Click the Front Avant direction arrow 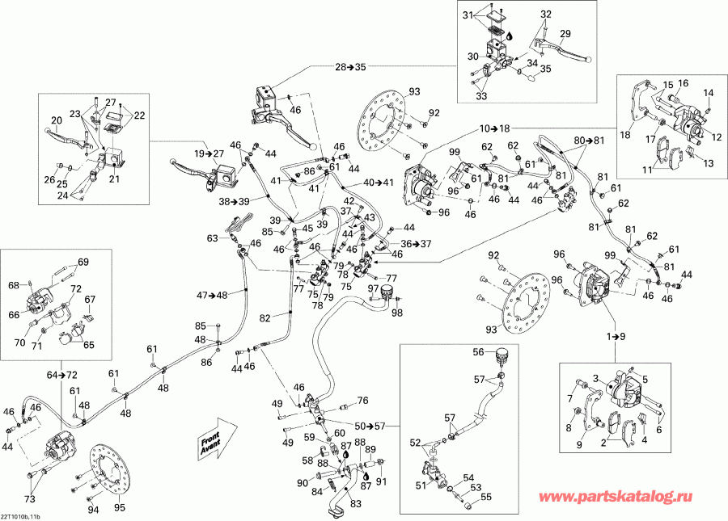pyautogui.click(x=218, y=437)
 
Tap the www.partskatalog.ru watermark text pyautogui.click(x=621, y=500)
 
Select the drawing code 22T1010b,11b pyautogui.click(x=28, y=514)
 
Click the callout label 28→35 pyautogui.click(x=349, y=66)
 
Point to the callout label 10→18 pyautogui.click(x=496, y=128)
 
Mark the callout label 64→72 pyautogui.click(x=61, y=376)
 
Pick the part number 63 pyautogui.click(x=213, y=238)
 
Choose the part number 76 pyautogui.click(x=362, y=400)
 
